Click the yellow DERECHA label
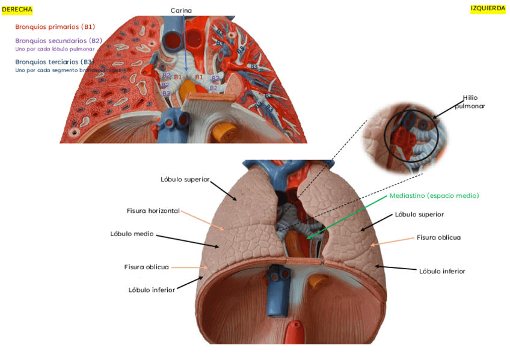[x=17, y=10]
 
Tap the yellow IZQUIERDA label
[x=487, y=8]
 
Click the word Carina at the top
[x=181, y=11]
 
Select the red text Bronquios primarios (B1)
[x=55, y=26]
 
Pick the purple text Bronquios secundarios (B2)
[x=58, y=40]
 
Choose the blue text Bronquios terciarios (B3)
[x=54, y=62]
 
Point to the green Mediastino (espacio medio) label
[x=434, y=196]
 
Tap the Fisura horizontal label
[x=153, y=210]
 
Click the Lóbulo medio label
[x=132, y=234]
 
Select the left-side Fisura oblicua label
[x=146, y=267]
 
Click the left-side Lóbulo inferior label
[x=152, y=290]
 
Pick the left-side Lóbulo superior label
[x=185, y=179]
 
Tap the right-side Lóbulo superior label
[x=419, y=214]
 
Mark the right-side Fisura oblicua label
[x=438, y=237]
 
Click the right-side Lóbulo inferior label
[x=442, y=271]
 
